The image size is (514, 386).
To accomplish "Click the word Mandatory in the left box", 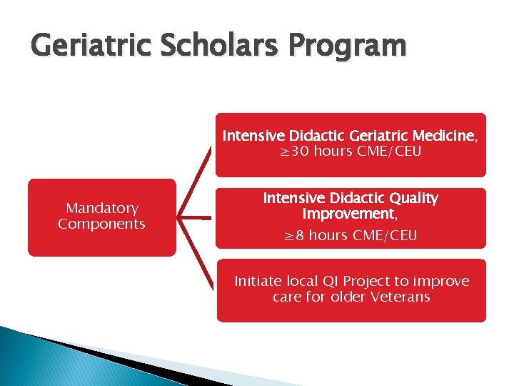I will (x=101, y=208).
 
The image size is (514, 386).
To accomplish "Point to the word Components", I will (x=101, y=224).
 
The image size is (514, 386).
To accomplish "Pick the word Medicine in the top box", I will (x=444, y=136).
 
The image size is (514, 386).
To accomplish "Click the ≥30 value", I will (x=292, y=152).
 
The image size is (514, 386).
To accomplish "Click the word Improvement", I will (x=348, y=214).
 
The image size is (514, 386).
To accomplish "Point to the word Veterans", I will (x=400, y=297).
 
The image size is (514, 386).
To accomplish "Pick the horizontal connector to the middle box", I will (x=196, y=217).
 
